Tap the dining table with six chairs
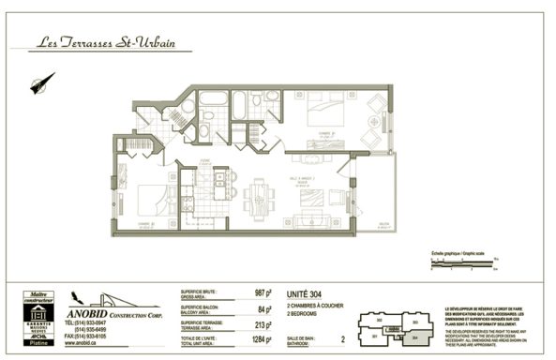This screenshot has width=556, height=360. [257, 194]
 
